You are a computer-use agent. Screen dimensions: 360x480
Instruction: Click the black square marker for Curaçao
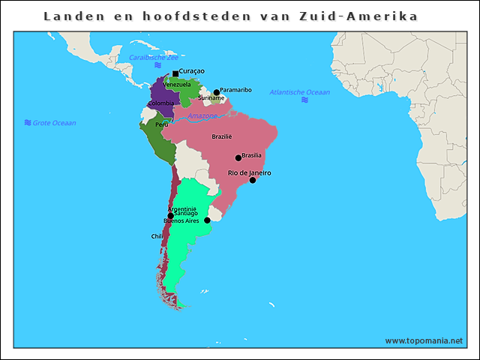point(175,73)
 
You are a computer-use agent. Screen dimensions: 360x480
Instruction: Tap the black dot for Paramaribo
point(217,92)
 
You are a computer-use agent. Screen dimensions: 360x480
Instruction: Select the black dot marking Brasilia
point(238,157)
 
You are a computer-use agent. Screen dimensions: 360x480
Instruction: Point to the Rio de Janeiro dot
point(253,180)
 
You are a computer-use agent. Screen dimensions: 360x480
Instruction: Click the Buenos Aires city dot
point(207,220)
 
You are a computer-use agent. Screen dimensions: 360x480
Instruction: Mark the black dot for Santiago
point(171,216)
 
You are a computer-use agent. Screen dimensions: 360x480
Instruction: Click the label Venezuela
point(177,85)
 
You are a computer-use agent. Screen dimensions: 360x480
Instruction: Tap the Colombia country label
point(160,103)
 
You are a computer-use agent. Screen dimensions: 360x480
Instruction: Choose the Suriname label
point(211,98)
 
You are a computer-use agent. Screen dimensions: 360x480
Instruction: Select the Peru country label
point(161,124)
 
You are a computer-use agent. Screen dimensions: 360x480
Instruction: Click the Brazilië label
point(222,136)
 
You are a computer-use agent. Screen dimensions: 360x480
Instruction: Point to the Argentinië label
point(181,208)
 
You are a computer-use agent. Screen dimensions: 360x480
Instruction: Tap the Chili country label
point(157,236)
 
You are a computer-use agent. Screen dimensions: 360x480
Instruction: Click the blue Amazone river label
point(202,116)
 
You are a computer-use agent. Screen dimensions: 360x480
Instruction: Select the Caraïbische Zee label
point(153,57)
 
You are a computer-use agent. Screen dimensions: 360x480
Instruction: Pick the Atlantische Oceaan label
point(299,92)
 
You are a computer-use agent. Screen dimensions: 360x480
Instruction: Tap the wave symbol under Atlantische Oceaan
point(304,100)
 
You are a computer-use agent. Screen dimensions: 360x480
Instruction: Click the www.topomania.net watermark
point(424,340)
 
